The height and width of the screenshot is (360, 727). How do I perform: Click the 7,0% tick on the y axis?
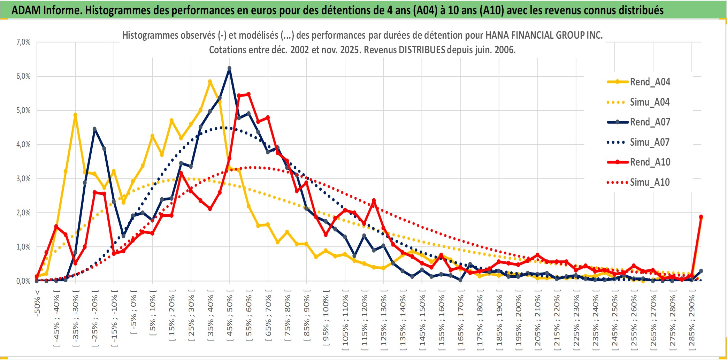tap(23, 42)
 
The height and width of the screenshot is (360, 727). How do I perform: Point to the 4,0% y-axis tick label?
tap(23, 144)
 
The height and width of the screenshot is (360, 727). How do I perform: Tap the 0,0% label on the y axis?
tap(23, 281)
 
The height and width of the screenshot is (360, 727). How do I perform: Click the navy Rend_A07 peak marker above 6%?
tap(229, 68)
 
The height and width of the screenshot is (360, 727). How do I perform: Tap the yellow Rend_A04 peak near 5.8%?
tap(210, 82)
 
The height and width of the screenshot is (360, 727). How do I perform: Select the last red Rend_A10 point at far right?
tap(701, 217)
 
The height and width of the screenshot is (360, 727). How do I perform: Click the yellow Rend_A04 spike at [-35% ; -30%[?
tap(75, 115)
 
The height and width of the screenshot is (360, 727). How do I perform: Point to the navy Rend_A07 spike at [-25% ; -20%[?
tap(94, 129)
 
